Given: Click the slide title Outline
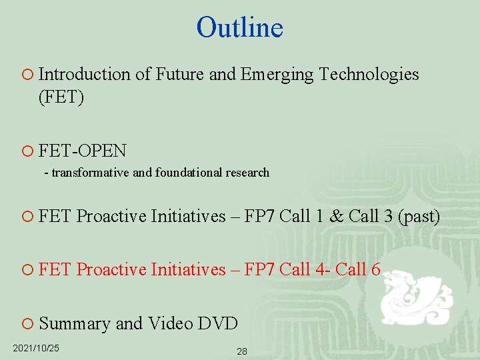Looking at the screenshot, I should point(240,27).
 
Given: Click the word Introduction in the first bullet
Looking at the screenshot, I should point(85,74).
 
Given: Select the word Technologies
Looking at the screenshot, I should point(369,74).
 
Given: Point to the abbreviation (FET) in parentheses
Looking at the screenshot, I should point(61,98).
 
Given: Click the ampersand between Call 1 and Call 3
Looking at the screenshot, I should point(336,217).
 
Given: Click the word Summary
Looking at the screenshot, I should point(75,323).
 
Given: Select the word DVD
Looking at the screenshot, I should point(218,323).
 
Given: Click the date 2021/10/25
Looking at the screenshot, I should point(36,348).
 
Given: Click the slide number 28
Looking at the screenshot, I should point(241,351).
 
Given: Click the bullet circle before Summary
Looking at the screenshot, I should point(27,323).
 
